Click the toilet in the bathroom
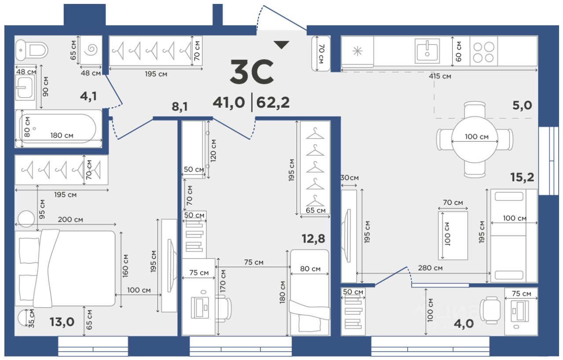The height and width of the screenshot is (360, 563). click(31, 50)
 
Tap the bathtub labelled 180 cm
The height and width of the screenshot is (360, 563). click(58, 129)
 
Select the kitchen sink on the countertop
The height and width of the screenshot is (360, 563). click(427, 51)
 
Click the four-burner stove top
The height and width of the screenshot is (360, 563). click(483, 52)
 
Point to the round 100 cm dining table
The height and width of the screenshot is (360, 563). click(474, 139)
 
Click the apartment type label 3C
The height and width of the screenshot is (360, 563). click(252, 72)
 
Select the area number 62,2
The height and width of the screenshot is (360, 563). click(273, 102)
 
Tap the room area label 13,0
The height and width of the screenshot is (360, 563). click(62, 322)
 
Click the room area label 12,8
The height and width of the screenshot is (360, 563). click(313, 238)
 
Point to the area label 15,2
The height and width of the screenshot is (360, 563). click(522, 177)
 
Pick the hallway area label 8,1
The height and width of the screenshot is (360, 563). click(179, 106)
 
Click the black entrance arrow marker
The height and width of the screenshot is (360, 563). click(281, 45)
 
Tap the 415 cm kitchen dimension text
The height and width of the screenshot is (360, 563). click(440, 76)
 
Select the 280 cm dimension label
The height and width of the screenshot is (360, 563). click(430, 268)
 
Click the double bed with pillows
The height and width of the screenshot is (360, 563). click(65, 268)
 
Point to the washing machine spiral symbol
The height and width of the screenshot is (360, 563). click(91, 50)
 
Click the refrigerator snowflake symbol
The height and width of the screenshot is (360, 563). click(357, 51)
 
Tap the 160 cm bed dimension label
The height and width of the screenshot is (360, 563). click(125, 266)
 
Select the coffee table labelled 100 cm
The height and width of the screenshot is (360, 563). click(453, 236)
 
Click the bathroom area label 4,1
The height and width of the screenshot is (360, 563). click(88, 96)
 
